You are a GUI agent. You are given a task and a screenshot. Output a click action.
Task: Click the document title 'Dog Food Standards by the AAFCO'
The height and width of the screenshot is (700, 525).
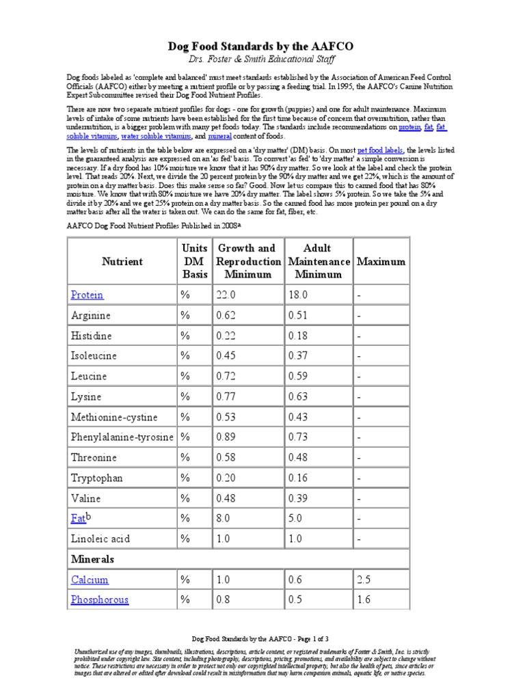point(262,46)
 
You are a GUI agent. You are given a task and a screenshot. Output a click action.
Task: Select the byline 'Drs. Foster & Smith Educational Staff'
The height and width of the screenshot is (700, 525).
point(262,61)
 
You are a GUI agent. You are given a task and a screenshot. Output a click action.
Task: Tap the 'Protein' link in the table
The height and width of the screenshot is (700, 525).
point(87,295)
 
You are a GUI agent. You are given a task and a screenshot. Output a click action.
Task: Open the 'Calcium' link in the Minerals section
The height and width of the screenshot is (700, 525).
point(90,580)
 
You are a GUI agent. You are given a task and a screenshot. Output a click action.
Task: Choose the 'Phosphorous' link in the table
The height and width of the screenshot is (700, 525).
point(99,600)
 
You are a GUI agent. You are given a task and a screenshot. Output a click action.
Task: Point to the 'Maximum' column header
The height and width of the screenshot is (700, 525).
point(381,261)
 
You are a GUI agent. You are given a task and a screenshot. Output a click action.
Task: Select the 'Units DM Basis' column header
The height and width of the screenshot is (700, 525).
point(194,261)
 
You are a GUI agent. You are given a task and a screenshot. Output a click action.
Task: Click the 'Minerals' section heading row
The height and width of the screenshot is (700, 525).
point(92,559)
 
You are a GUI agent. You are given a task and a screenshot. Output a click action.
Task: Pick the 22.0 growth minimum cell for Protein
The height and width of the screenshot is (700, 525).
point(226,295)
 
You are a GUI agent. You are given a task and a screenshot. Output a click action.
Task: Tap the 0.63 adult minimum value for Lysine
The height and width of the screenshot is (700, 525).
point(299,396)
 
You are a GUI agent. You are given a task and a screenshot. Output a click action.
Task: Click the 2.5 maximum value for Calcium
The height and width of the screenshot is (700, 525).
point(364,580)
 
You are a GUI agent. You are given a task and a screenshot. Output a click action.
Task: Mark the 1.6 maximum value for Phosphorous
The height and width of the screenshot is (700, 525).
point(364,600)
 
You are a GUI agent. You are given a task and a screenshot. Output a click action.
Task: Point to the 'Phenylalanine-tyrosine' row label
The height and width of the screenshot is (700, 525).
point(122,437)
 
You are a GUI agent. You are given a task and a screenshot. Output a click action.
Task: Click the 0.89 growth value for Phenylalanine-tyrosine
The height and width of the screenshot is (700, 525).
point(228,437)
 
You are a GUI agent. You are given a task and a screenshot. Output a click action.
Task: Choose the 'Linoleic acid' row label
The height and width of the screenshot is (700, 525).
point(101,539)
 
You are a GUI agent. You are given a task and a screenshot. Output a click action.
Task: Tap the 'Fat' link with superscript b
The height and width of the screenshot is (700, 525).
point(79,518)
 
